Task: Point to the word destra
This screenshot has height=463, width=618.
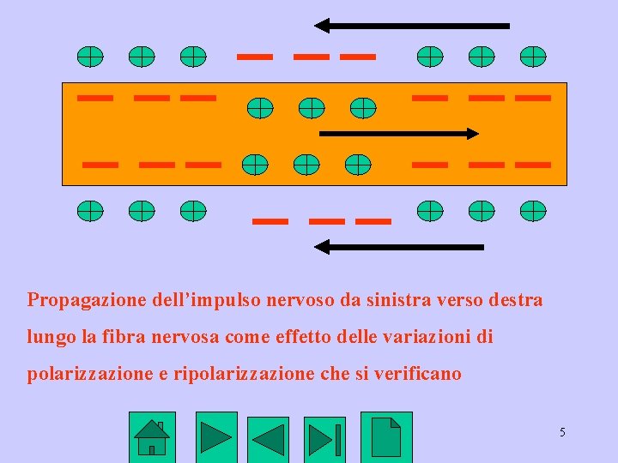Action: (515, 301)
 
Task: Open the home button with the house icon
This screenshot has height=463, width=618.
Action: (151, 437)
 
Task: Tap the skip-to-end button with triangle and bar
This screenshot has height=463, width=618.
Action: (324, 439)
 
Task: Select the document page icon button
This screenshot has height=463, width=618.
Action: (386, 437)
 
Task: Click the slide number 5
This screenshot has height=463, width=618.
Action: (562, 432)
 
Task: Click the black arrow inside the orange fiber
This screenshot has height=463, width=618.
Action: (398, 134)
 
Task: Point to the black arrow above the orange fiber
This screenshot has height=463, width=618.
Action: (411, 26)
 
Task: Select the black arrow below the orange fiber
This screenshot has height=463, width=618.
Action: (398, 247)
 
